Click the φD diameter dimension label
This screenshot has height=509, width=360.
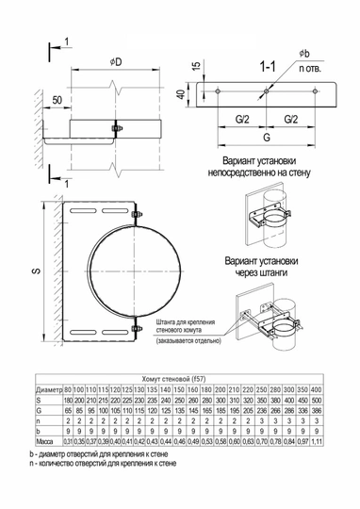point(115,62)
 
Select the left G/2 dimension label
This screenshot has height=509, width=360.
point(243,121)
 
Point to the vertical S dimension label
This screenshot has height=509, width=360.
point(35,272)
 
